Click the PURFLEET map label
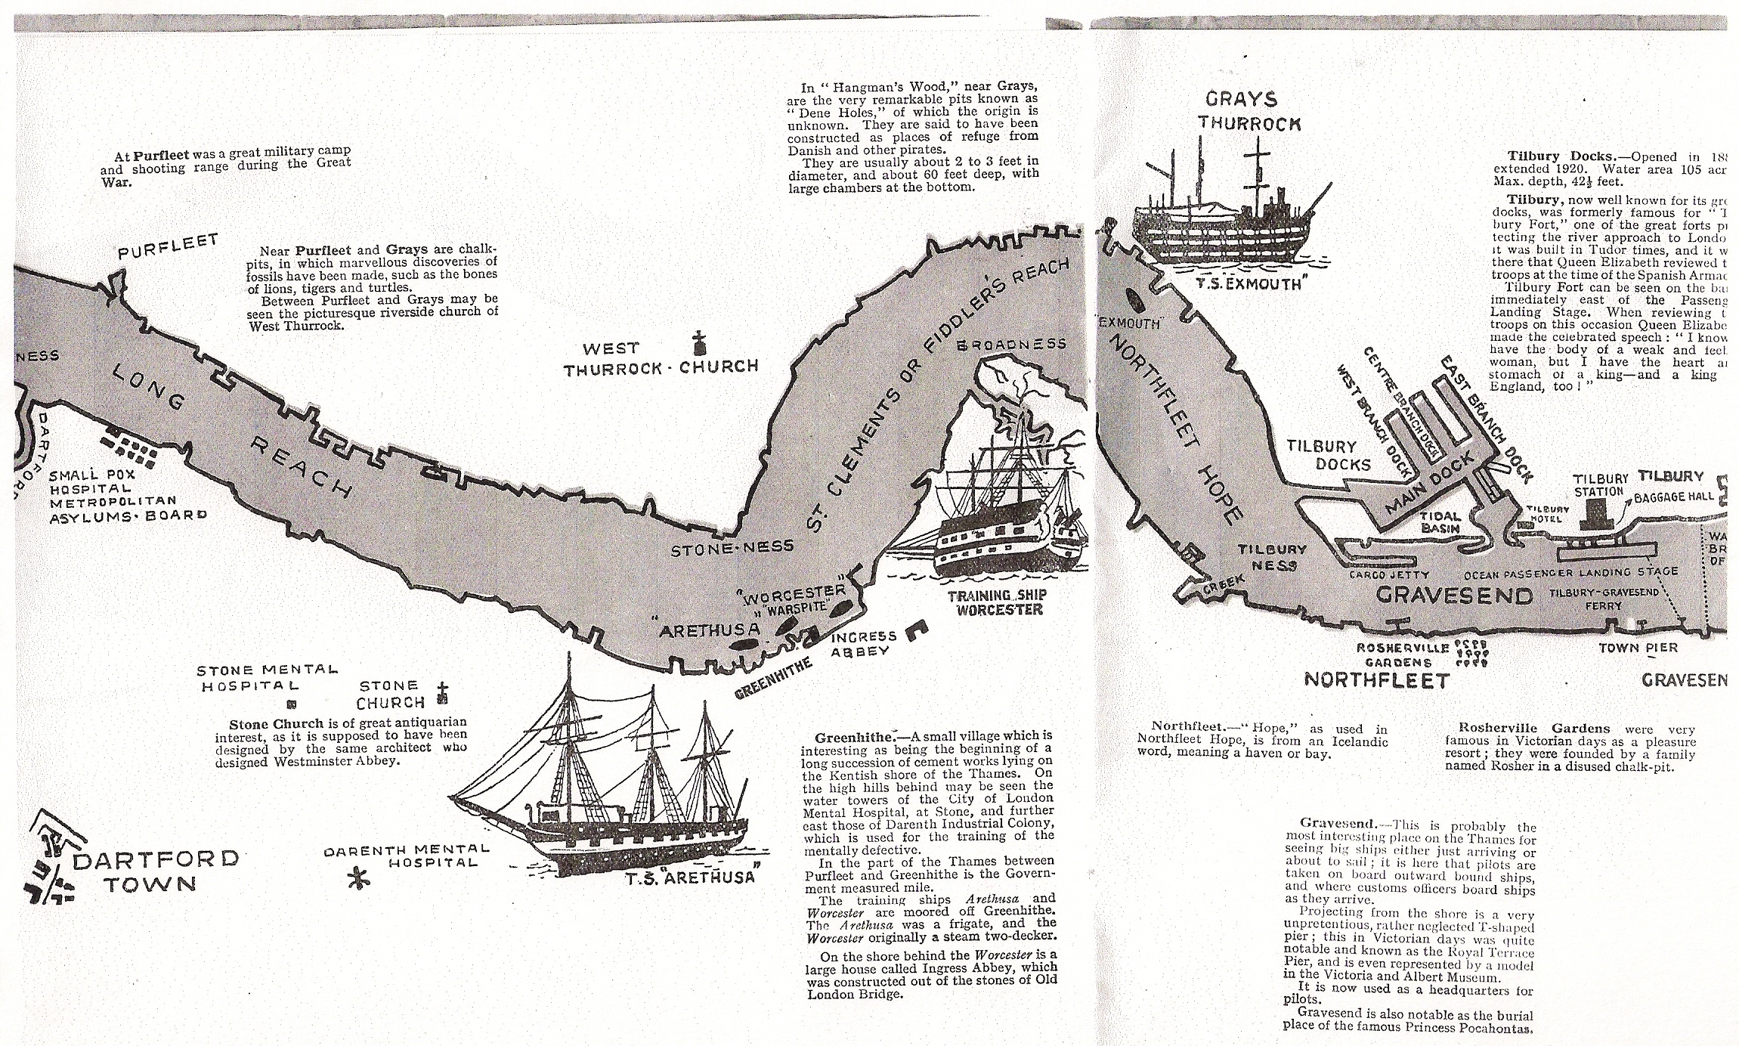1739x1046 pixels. pyautogui.click(x=168, y=255)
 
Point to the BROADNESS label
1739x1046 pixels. pyautogui.click(x=1012, y=345)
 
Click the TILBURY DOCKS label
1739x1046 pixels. pyautogui.click(x=1322, y=455)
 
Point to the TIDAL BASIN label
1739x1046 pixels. pyautogui.click(x=1440, y=521)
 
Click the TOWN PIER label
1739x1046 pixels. pyautogui.click(x=1638, y=648)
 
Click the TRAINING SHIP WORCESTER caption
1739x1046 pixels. pyautogui.click(x=996, y=603)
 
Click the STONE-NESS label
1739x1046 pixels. pyautogui.click(x=732, y=548)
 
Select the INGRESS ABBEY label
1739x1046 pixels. pyautogui.click(x=863, y=644)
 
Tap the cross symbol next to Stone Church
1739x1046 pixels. pyautogui.click(x=443, y=695)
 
